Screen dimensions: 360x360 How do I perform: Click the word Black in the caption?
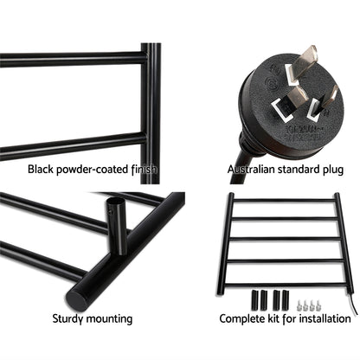click(41, 170)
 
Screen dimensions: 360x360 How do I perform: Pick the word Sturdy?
click(72, 319)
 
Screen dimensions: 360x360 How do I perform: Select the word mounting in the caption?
click(112, 319)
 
